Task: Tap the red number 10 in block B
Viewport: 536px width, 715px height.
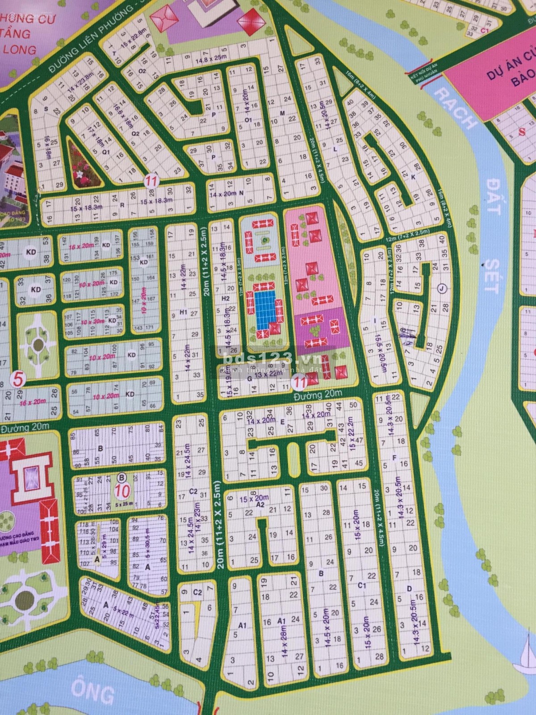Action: click(x=122, y=491)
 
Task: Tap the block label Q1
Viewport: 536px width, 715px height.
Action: click(x=106, y=151)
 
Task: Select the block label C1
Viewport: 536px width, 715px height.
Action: click(x=362, y=585)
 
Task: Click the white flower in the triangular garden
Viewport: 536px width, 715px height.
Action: click(x=80, y=174)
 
